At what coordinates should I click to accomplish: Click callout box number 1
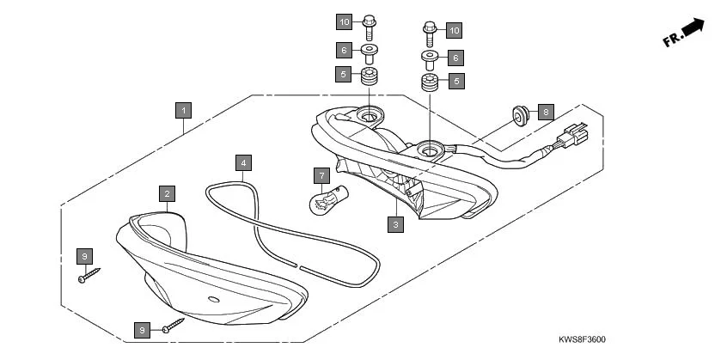[182, 110]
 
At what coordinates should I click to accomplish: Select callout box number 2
[168, 193]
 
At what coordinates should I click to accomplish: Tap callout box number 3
[395, 225]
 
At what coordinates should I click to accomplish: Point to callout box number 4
[244, 162]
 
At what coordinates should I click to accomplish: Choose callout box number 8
[546, 113]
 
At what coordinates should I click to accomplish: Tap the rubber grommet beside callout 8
[520, 113]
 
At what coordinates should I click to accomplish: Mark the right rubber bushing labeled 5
[430, 83]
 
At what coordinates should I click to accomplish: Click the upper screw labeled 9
[89, 276]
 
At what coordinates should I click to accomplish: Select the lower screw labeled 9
[174, 325]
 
